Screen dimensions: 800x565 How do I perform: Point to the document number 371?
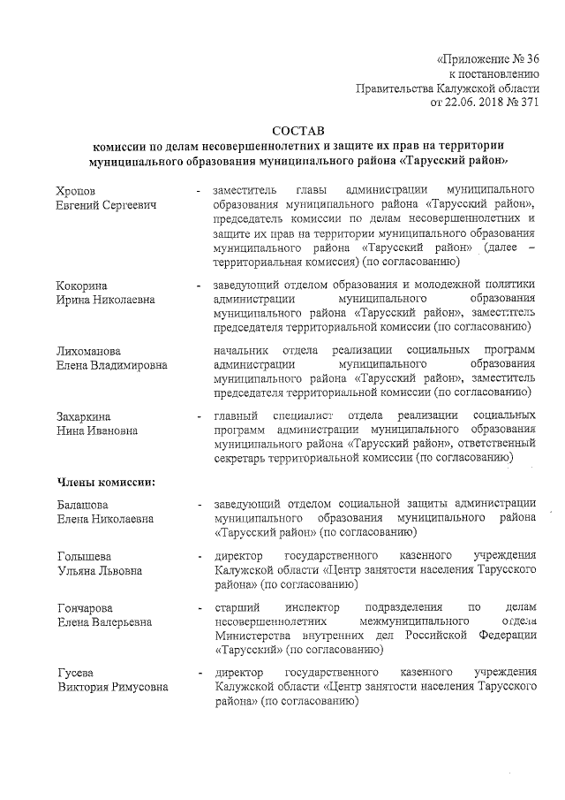tap(527, 103)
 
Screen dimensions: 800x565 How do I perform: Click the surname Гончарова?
tap(86, 608)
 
